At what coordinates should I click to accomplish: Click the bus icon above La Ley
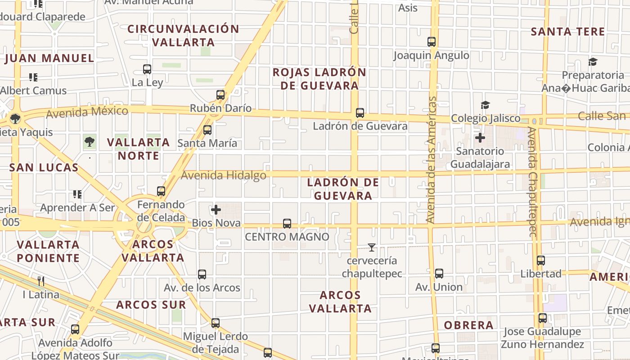coord(147,69)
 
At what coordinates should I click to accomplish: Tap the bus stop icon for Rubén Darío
coord(220,95)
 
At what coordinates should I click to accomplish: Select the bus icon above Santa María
coord(207,130)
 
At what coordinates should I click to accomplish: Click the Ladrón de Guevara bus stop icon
coord(360,113)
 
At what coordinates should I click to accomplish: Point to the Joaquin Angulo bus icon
coord(432,42)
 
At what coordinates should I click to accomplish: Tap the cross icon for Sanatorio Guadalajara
coord(480,137)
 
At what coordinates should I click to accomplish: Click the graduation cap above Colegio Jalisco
coord(485,105)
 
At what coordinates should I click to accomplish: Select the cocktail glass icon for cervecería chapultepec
coord(372,247)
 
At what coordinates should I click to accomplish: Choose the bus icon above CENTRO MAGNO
coord(287,223)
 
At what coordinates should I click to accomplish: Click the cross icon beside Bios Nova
coord(216,210)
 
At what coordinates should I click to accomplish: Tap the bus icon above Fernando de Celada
coord(161,191)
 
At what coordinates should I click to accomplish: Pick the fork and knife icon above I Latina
coord(41,281)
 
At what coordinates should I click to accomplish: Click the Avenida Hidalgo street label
coord(224,175)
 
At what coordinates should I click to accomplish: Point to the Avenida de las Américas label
coord(431,160)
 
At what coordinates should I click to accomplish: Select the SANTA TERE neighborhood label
coord(568,32)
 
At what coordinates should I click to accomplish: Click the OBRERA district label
coord(469,325)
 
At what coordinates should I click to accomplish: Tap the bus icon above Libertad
coord(541,261)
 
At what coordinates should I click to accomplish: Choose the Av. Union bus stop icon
coord(439,274)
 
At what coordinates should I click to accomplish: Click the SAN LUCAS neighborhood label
coord(44,168)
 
